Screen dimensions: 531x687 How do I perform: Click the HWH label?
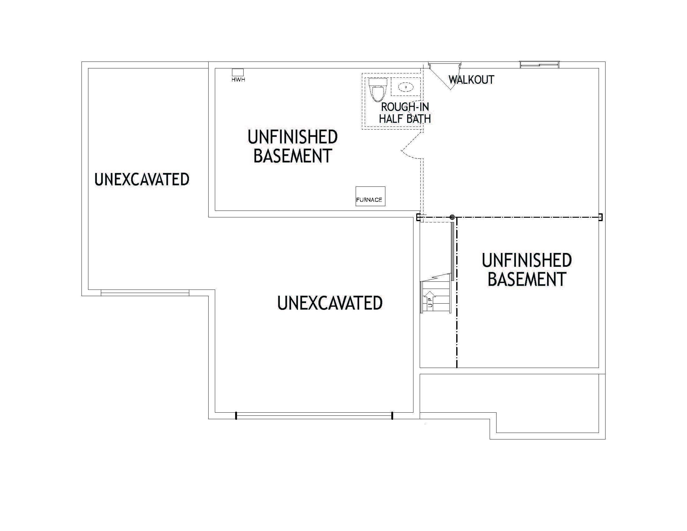238,80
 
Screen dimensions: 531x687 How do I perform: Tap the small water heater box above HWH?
238,72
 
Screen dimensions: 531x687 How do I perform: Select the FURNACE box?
370,196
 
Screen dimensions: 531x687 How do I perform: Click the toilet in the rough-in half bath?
377,89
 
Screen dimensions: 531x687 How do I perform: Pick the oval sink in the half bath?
406,87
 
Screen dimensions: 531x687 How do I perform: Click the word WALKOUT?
471,80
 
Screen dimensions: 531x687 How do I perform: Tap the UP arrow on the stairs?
430,299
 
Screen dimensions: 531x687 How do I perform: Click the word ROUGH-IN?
405,107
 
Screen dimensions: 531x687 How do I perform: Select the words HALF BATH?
405,119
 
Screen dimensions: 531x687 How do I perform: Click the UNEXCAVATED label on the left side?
142,179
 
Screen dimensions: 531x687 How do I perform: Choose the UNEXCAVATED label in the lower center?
330,303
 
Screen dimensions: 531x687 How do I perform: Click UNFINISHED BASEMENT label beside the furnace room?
293,146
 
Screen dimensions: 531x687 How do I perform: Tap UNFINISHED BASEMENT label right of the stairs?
527,270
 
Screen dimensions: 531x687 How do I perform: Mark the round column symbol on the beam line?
452,217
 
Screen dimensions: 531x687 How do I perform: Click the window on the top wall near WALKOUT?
540,65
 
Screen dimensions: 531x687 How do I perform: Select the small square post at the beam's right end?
601,217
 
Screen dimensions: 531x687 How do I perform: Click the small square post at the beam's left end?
418,217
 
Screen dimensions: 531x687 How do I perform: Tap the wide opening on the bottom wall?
314,415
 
